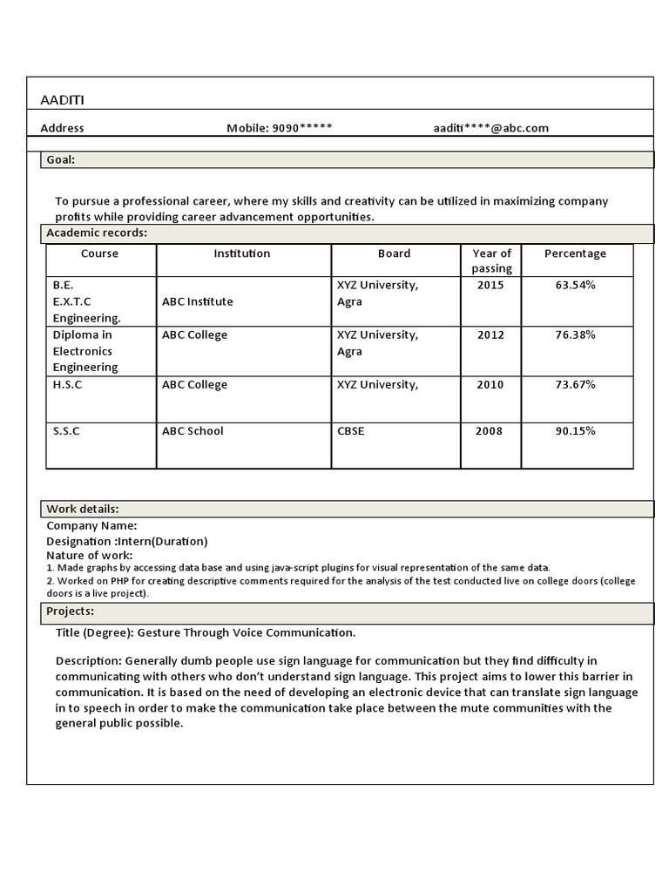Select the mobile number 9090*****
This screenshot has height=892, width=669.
[x=302, y=128]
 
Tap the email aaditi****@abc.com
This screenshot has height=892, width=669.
[x=491, y=128]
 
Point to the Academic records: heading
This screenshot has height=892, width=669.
[x=97, y=233]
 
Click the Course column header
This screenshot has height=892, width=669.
[x=99, y=253]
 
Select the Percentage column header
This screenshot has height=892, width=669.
[x=575, y=253]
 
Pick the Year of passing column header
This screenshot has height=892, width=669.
[x=491, y=260]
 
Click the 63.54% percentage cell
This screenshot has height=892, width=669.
[x=575, y=285]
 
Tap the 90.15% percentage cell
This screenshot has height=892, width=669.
[x=575, y=431]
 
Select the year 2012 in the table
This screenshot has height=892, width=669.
[x=490, y=334]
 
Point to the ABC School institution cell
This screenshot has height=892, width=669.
[x=193, y=431]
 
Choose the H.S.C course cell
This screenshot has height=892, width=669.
[x=67, y=385]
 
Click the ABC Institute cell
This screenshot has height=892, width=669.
[x=197, y=301]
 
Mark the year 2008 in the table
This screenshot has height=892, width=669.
[x=490, y=431]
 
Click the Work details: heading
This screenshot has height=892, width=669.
[x=83, y=509]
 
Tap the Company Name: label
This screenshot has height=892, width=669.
[x=91, y=525]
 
